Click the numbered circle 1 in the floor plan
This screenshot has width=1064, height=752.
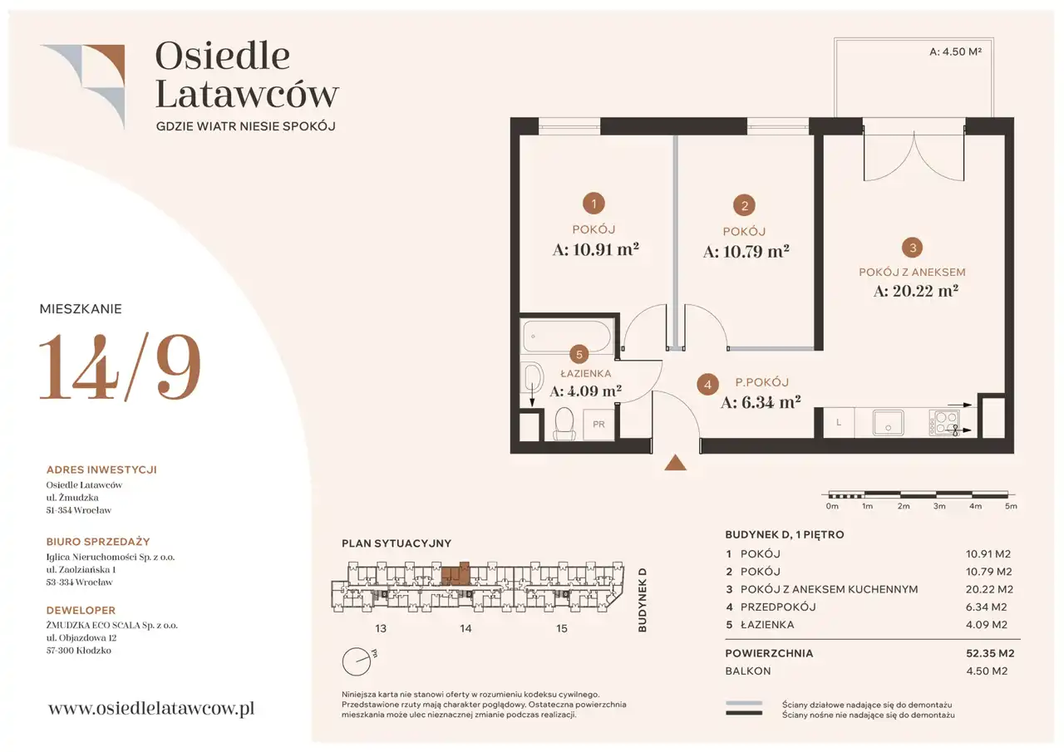tap(594, 204)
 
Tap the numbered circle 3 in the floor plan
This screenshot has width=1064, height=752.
tap(913, 248)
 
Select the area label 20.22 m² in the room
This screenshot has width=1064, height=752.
tap(916, 291)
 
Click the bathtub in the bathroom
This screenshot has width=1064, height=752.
tap(567, 337)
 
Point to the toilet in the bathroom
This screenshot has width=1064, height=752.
tap(564, 422)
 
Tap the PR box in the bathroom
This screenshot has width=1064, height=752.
tap(598, 424)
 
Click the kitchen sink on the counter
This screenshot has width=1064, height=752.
tap(888, 422)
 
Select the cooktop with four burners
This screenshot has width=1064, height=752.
tap(943, 422)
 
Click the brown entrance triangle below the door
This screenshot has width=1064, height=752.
tap(675, 462)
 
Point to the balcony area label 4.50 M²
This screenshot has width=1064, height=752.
tap(955, 52)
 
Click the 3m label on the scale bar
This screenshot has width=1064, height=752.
tap(939, 506)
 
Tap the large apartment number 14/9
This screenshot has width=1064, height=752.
tap(121, 366)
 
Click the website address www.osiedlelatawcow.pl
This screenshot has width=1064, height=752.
tap(151, 708)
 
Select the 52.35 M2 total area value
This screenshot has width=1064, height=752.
tap(990, 653)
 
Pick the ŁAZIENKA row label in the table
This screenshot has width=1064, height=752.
tap(767, 624)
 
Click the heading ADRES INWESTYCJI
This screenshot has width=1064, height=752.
tap(101, 469)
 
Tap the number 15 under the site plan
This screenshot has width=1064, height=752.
tap(561, 628)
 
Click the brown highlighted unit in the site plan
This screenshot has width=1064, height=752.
tap(456, 574)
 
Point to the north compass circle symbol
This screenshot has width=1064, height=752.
tap(357, 661)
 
